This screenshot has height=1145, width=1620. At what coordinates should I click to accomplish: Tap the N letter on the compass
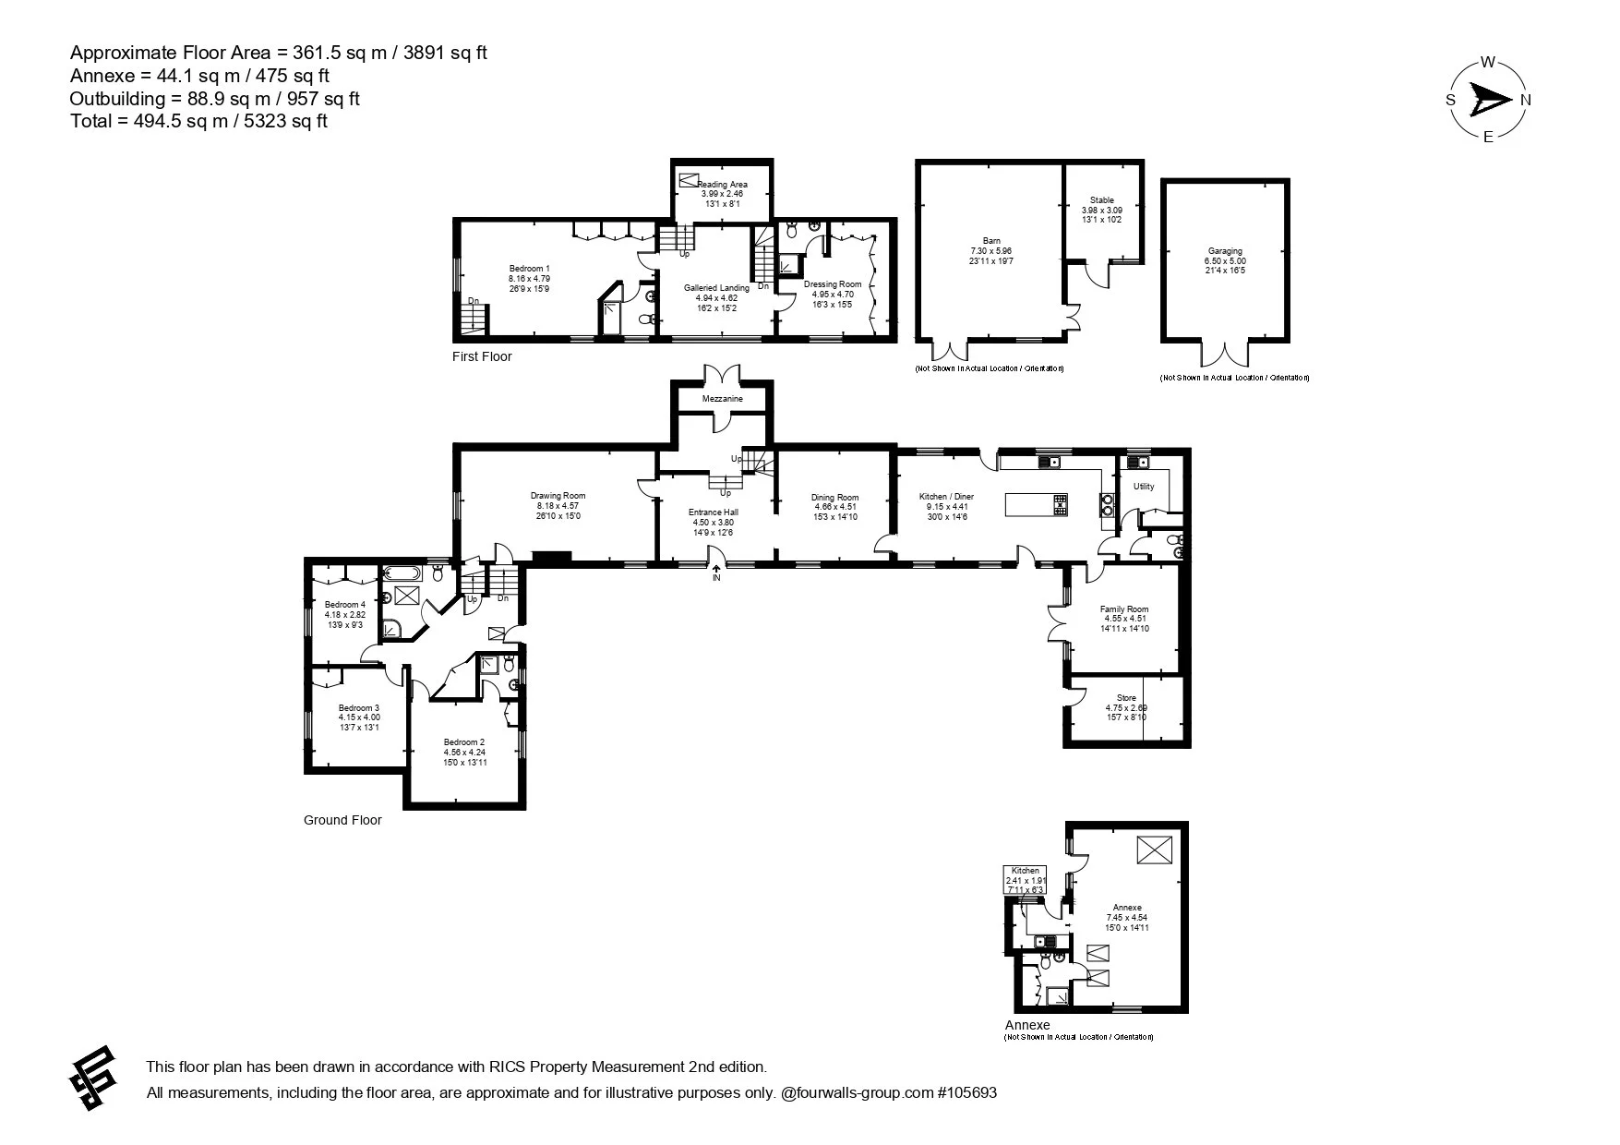pyautogui.click(x=1526, y=100)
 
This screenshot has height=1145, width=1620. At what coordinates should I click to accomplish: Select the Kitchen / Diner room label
pyautogui.click(x=947, y=497)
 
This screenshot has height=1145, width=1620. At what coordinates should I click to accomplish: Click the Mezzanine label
pyautogui.click(x=722, y=399)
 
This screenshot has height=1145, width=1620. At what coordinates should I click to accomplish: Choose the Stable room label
pyautogui.click(x=1101, y=200)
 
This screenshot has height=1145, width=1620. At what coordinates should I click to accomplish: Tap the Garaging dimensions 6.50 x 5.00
pyautogui.click(x=1226, y=261)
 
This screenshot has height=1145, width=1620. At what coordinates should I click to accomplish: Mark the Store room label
pyautogui.click(x=1125, y=698)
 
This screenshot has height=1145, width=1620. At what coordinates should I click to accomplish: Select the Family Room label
pyautogui.click(x=1123, y=609)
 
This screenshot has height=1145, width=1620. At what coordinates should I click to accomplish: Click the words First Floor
pyautogui.click(x=482, y=356)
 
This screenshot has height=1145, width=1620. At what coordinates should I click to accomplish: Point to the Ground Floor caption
pyautogui.click(x=342, y=820)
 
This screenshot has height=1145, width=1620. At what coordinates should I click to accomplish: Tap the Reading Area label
pyautogui.click(x=722, y=185)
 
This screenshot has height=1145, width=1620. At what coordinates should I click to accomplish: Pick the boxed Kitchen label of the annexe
pyautogui.click(x=1025, y=871)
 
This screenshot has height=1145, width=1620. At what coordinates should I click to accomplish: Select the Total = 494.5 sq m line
pyautogui.click(x=198, y=121)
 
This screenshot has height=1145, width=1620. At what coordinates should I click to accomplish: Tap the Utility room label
pyautogui.click(x=1143, y=487)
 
